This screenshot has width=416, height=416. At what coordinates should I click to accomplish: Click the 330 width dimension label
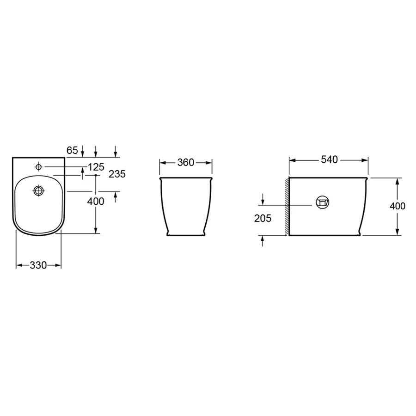pos(38,265)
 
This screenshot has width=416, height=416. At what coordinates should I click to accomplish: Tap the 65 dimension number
pos(72,150)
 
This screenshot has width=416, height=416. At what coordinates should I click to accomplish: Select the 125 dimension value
pos(96,167)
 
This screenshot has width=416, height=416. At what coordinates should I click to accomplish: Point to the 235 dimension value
pos(117,174)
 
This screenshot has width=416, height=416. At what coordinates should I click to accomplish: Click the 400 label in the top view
pos(96,202)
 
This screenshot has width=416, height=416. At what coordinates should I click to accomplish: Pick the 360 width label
pos(186,162)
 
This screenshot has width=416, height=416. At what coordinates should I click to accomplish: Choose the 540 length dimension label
pos(329,159)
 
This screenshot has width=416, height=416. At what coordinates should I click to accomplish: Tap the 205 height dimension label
pos(263,218)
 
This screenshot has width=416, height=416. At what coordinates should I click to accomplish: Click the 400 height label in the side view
pos(398,206)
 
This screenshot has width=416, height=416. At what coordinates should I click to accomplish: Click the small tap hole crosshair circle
pos(39,167)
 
